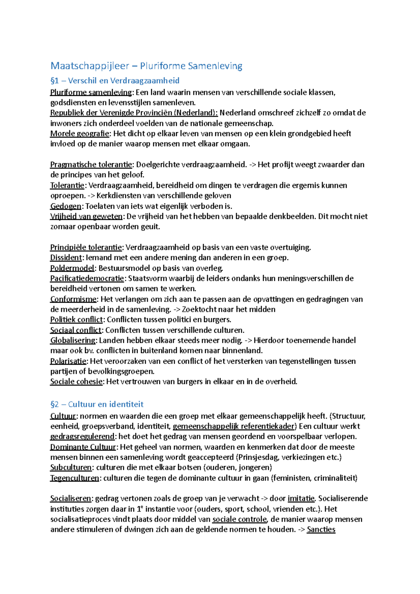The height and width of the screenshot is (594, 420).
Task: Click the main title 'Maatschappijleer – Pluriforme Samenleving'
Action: (x=146, y=66)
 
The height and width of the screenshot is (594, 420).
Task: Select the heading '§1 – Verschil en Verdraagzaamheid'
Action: (x=115, y=81)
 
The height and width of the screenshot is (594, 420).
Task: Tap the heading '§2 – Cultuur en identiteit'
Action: (x=97, y=404)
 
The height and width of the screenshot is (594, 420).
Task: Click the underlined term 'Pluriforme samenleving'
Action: (x=91, y=92)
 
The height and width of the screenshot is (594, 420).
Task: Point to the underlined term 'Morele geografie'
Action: (x=80, y=134)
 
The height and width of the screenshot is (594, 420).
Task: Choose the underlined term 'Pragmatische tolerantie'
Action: (x=91, y=165)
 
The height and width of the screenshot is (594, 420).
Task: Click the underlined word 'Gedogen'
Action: (x=66, y=206)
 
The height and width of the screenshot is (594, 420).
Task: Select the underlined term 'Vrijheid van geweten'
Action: (x=86, y=217)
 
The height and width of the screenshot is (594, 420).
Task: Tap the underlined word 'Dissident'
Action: (x=66, y=258)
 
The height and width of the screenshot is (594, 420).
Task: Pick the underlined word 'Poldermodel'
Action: (x=72, y=268)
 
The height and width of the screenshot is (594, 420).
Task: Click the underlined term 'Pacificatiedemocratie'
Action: (x=87, y=278)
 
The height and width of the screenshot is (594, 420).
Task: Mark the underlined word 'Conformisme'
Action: (x=73, y=299)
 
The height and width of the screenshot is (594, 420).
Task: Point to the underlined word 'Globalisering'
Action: (x=73, y=340)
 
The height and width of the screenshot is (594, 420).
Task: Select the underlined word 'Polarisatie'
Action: (x=68, y=361)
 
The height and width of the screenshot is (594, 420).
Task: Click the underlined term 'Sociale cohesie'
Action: (x=76, y=382)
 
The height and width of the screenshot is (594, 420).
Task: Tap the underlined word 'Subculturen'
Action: (x=71, y=468)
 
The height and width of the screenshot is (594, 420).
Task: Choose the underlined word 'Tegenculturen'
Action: (x=75, y=478)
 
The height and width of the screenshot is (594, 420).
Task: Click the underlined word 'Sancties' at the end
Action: (x=321, y=530)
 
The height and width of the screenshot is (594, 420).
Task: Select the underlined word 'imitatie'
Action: (x=301, y=498)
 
